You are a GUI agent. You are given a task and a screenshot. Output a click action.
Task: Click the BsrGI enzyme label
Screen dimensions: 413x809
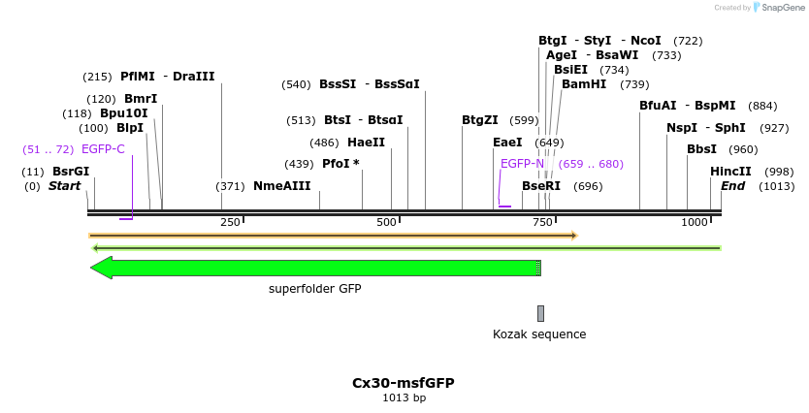pos(71,172)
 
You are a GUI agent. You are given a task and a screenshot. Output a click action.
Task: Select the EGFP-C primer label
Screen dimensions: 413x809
pos(103,149)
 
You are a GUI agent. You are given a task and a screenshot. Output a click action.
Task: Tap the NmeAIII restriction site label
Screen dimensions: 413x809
pos(281,186)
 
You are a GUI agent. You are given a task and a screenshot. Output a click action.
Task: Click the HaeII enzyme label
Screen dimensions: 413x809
pos(366,142)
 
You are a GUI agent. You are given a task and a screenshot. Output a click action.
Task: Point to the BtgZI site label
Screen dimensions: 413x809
pos(479,120)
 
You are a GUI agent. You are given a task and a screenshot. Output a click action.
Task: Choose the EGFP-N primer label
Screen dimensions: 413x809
pos(522,164)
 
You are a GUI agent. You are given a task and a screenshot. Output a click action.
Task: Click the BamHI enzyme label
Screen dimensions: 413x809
pos(584,84)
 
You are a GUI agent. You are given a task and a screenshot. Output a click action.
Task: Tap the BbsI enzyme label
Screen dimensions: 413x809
pos(701,149)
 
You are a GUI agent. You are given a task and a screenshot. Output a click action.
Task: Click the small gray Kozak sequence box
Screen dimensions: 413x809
pos(540,313)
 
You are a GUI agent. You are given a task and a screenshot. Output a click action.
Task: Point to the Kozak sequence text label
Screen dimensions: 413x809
pos(539,334)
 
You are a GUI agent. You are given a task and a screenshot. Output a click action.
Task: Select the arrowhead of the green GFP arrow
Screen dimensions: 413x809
pos(102,268)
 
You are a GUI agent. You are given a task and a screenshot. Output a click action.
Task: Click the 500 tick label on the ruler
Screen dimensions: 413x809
pos(387,223)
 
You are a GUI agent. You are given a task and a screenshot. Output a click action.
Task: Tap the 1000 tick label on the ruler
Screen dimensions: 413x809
pos(695,223)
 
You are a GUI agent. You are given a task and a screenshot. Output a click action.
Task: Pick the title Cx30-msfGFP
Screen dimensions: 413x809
pos(404,383)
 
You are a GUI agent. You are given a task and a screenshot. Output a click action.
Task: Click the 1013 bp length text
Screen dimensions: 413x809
pos(404,397)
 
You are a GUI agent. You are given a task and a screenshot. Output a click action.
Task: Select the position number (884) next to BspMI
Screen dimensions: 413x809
pos(763,106)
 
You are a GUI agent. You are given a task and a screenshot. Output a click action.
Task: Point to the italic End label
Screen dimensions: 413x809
pos(732,186)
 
